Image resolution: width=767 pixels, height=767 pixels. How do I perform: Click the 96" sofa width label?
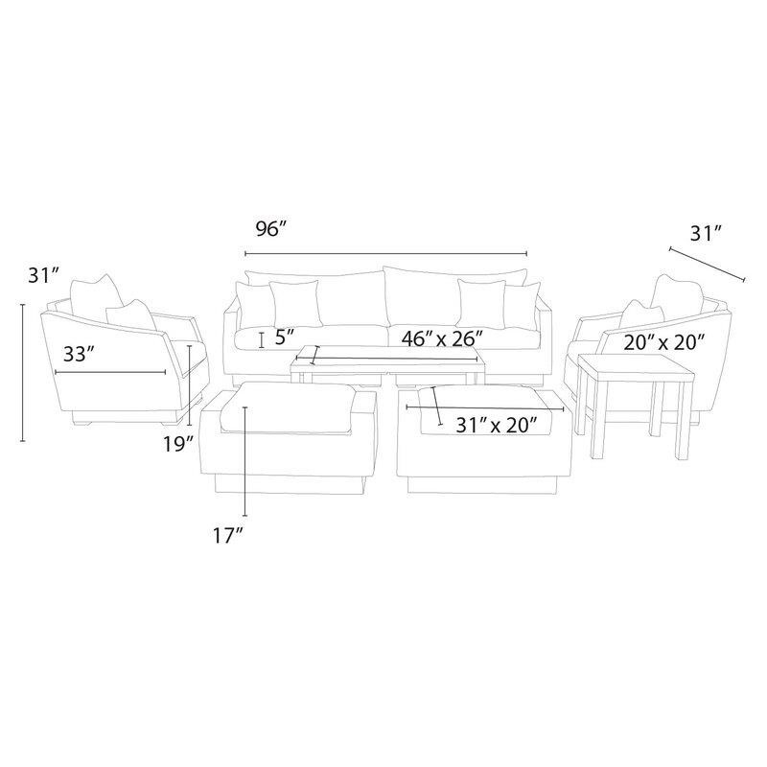pyautogui.click(x=271, y=230)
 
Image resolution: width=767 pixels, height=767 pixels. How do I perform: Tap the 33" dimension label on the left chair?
pyautogui.click(x=79, y=354)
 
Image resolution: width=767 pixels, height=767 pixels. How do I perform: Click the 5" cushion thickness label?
pyautogui.click(x=283, y=338)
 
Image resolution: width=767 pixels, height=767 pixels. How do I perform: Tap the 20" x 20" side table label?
pyautogui.click(x=664, y=340)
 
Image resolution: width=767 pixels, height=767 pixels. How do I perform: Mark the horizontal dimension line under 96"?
pyautogui.click(x=385, y=253)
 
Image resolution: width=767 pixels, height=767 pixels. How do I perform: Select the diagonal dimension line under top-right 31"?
pyautogui.click(x=707, y=264)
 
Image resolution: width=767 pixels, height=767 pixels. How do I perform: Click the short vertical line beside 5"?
pyautogui.click(x=261, y=338)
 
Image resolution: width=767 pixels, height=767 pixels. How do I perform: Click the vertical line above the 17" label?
pyautogui.click(x=245, y=460)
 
